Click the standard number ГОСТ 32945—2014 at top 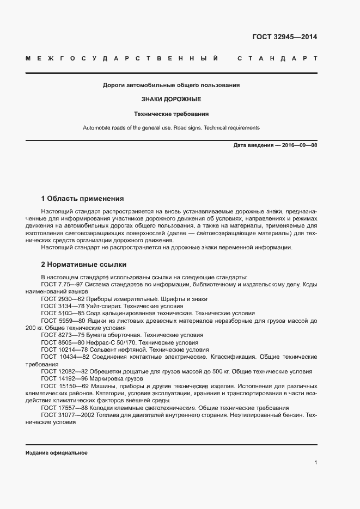[x=284, y=38]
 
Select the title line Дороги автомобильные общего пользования [x=172, y=85]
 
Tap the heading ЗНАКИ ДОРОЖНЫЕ [x=172, y=100]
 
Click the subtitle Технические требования [x=172, y=114]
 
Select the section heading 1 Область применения [x=83, y=198]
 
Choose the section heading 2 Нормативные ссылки [x=84, y=265]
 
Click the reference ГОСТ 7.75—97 [x=61, y=285]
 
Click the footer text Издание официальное [x=57, y=453]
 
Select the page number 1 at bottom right [x=315, y=463]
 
